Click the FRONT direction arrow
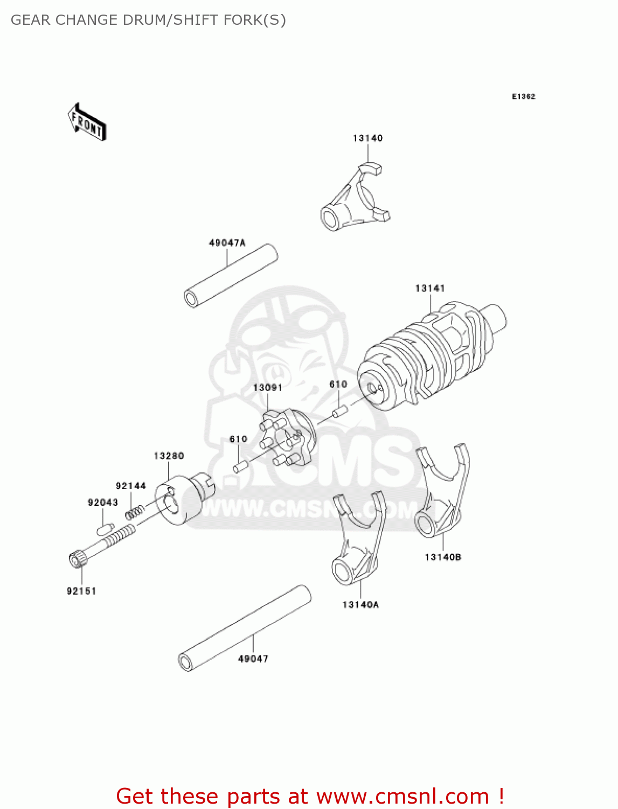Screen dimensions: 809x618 click(x=87, y=122)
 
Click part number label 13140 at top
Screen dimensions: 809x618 click(x=367, y=138)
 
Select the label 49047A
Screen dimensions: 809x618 click(x=227, y=243)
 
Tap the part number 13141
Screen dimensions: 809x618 click(x=429, y=288)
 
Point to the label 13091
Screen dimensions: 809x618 click(x=267, y=387)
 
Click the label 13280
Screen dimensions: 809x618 click(x=169, y=456)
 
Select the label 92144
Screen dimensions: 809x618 click(x=130, y=485)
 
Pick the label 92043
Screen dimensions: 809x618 click(x=102, y=502)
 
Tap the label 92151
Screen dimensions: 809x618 click(x=81, y=591)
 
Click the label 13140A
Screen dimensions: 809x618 click(x=360, y=605)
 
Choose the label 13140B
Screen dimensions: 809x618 click(x=442, y=557)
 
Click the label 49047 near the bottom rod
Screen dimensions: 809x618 click(x=253, y=659)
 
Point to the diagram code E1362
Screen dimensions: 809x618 click(x=523, y=97)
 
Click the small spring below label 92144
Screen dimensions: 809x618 click(x=135, y=511)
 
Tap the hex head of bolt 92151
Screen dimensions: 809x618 click(x=77, y=558)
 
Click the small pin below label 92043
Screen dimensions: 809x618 click(x=105, y=528)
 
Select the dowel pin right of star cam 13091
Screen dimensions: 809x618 click(x=339, y=412)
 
